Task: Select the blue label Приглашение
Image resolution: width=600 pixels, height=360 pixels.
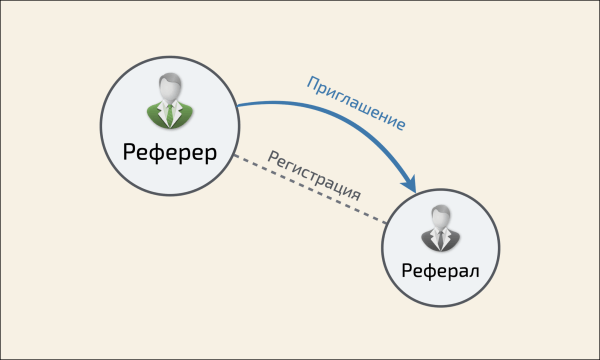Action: (x=357, y=102)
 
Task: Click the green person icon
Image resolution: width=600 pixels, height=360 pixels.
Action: (x=169, y=101)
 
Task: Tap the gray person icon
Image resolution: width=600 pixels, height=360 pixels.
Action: (x=440, y=229)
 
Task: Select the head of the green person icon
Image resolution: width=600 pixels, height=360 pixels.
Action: (x=169, y=88)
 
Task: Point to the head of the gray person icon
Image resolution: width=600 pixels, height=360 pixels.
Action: (x=440, y=218)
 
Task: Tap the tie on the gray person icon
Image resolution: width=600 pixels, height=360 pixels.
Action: (x=440, y=240)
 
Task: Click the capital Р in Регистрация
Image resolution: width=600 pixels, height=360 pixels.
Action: (x=271, y=155)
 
